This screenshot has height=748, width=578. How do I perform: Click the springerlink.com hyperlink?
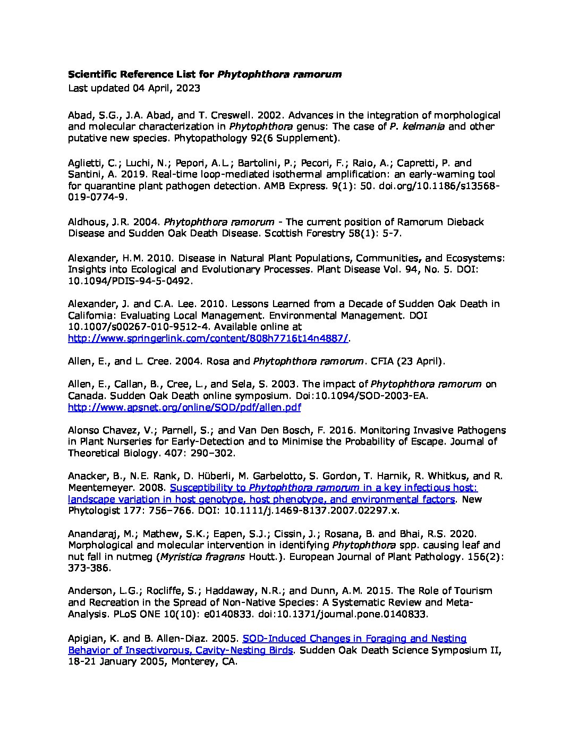pos(209,338)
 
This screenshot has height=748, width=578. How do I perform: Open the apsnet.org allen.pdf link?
pos(184,407)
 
